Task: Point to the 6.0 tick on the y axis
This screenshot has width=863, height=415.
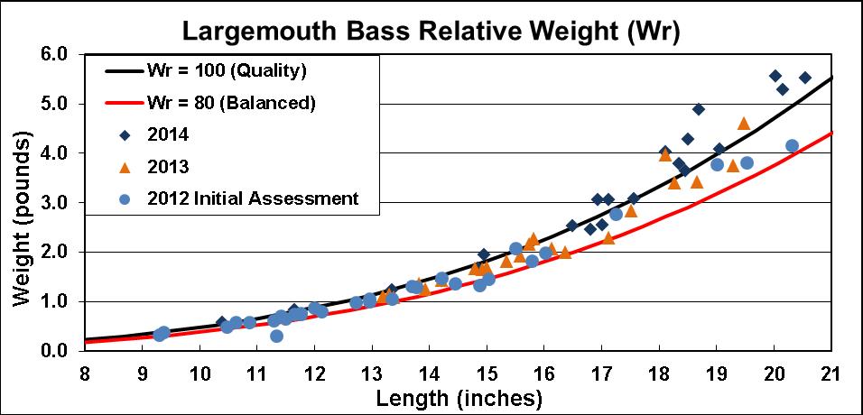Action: [x=56, y=55]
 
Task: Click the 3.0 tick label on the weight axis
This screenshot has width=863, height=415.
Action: [x=56, y=203]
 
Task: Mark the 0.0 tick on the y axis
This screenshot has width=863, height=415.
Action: [x=56, y=351]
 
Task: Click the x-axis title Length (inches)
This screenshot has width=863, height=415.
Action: [x=458, y=396]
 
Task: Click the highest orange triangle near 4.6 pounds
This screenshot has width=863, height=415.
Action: [x=744, y=124]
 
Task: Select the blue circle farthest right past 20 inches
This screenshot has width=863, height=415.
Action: [x=792, y=145]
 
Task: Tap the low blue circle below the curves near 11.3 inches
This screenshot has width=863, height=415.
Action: [x=276, y=336]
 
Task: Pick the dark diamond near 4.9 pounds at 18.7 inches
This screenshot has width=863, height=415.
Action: [x=699, y=109]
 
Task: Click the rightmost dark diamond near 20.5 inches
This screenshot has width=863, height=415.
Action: [x=805, y=78]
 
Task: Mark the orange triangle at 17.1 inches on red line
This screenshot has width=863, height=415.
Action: [x=608, y=237]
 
